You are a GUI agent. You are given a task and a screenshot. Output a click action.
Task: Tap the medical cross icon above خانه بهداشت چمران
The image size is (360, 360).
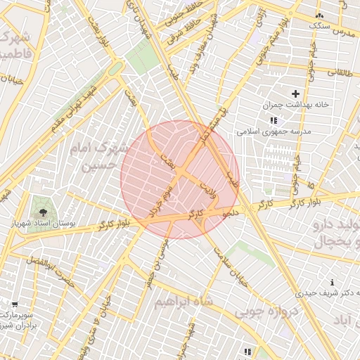coord(295,94)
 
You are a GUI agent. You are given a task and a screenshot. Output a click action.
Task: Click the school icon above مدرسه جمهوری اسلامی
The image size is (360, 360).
coord(274,120)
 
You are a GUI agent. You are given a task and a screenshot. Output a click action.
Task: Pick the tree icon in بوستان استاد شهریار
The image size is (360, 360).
coord(44,210)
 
